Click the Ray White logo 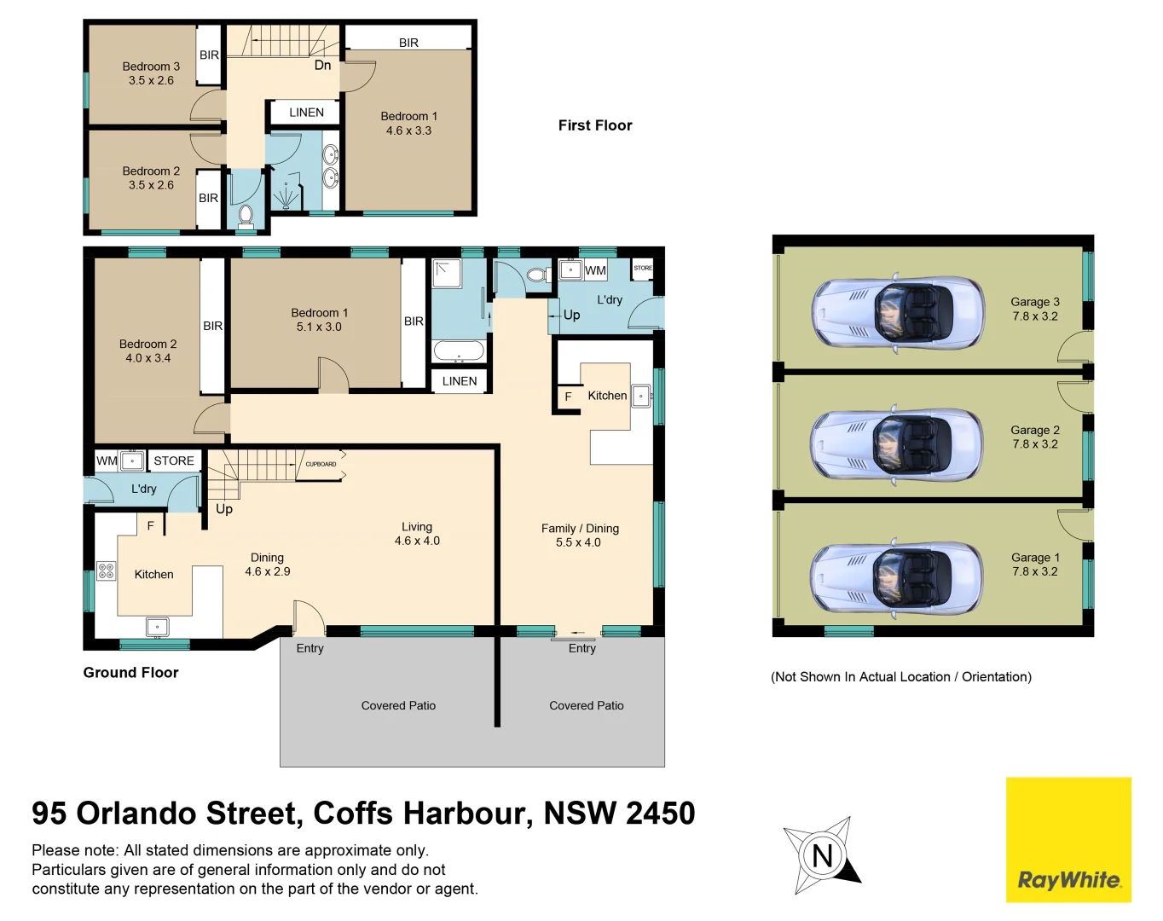(x=1068, y=840)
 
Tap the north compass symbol (x=822, y=855)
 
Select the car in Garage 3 (x=898, y=313)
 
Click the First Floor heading (x=595, y=125)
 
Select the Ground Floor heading (x=130, y=672)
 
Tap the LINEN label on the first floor (x=306, y=113)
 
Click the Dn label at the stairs (x=322, y=65)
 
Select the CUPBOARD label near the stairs (x=321, y=464)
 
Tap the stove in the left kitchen (x=106, y=571)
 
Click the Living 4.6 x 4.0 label (x=417, y=534)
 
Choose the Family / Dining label (x=580, y=535)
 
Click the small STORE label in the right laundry (x=643, y=268)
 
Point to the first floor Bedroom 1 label (x=408, y=123)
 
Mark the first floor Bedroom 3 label (x=151, y=73)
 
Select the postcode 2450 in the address (x=661, y=814)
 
